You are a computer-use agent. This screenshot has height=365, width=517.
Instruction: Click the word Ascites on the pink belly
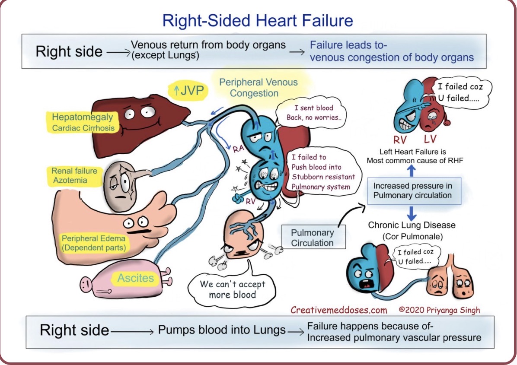(x=135, y=278)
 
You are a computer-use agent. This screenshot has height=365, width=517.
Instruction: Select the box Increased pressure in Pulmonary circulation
(x=412, y=190)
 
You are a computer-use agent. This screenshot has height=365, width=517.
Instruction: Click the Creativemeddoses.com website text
(x=338, y=310)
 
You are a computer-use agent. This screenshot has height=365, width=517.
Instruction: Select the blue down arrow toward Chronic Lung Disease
(x=412, y=212)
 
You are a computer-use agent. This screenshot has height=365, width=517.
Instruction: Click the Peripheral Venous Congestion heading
(x=258, y=88)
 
